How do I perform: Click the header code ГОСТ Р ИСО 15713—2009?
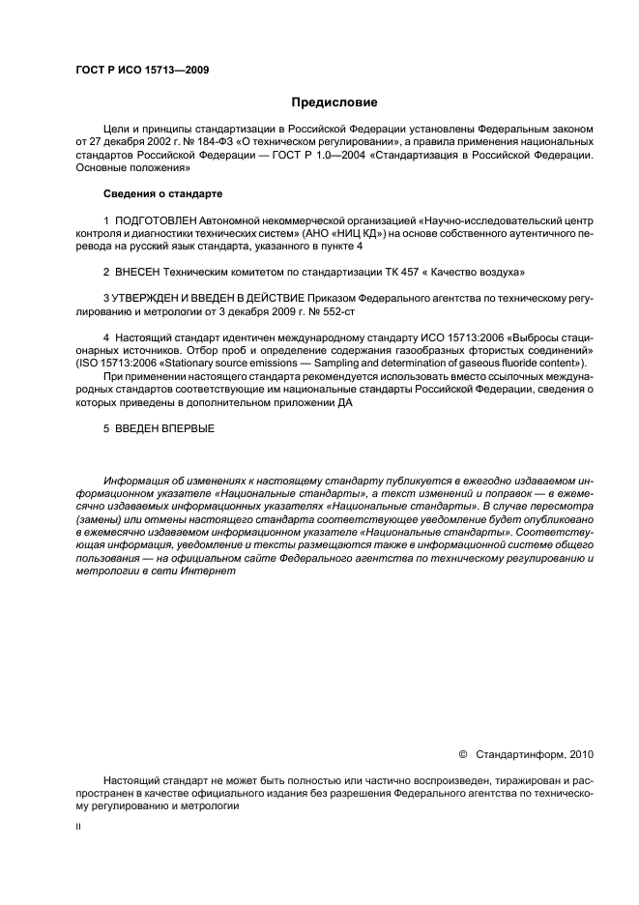tap(142, 71)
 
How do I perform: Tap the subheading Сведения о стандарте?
tap(163, 193)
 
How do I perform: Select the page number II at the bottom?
tap(78, 827)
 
